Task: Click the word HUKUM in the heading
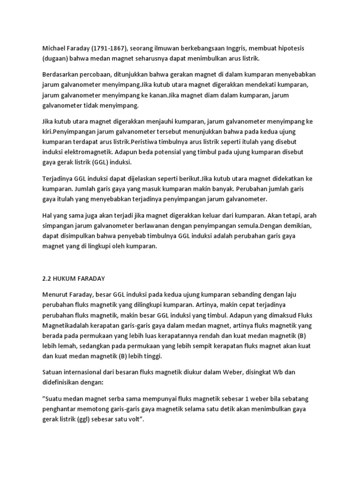[69, 278]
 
